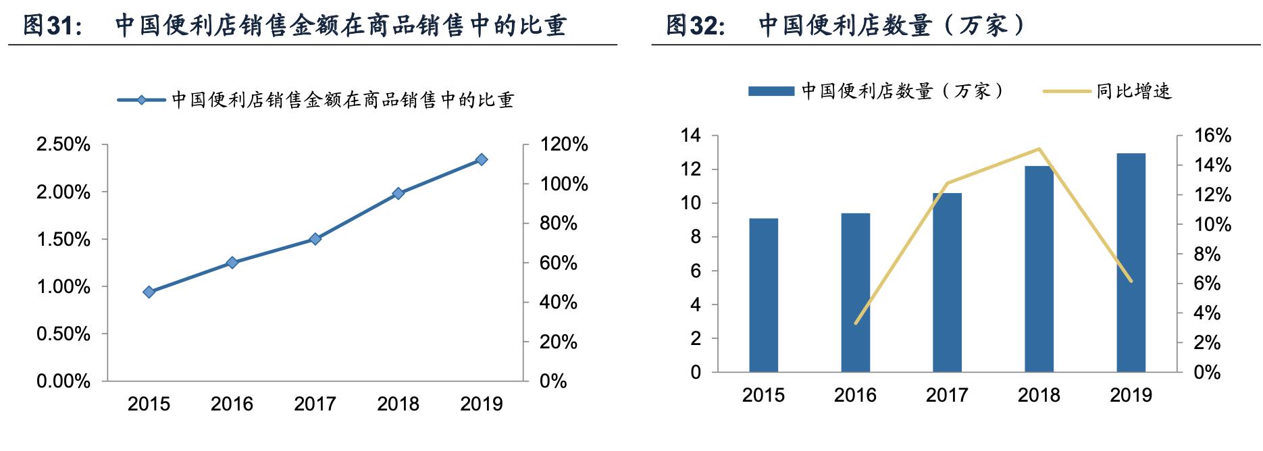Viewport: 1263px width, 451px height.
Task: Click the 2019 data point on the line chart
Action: tap(482, 159)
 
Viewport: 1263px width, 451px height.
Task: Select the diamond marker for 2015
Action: tap(149, 292)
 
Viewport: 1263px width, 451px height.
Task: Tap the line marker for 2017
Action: tap(315, 238)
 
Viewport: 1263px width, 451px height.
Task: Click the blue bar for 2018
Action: tap(1039, 270)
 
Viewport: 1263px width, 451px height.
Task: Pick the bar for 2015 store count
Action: tap(763, 295)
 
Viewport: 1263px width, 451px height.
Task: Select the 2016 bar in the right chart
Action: tap(855, 292)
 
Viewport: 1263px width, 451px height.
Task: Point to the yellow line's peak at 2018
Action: tap(1039, 149)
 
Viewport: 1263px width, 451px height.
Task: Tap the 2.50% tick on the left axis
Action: tap(63, 144)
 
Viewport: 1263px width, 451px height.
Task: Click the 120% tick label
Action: tap(563, 144)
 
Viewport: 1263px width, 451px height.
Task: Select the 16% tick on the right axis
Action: tap(1212, 136)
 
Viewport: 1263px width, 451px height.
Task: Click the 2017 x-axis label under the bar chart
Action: tap(947, 395)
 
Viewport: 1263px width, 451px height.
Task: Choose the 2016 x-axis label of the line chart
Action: tap(232, 404)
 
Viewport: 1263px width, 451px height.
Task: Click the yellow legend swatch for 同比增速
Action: tap(1067, 91)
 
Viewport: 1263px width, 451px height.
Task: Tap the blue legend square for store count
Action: tap(771, 91)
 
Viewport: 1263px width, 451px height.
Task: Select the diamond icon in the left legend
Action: tap(142, 100)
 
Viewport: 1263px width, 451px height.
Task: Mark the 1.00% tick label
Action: tap(63, 287)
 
